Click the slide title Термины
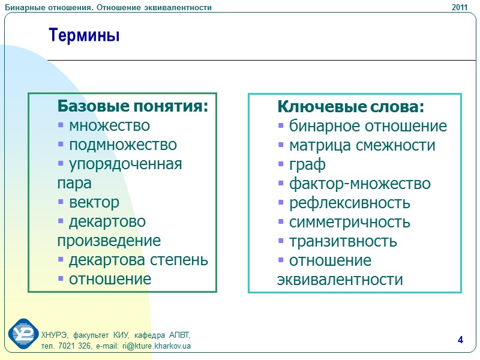click(85, 36)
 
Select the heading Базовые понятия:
click(133, 107)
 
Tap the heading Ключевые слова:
click(350, 107)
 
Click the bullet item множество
click(109, 126)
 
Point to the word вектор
click(94, 203)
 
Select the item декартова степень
click(139, 260)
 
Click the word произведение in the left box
click(109, 241)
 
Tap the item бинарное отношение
click(368, 127)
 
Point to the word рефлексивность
click(350, 203)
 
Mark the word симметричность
click(350, 223)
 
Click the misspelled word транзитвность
click(343, 242)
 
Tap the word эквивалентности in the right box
click(340, 280)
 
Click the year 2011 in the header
click(460, 7)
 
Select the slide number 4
click(460, 341)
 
